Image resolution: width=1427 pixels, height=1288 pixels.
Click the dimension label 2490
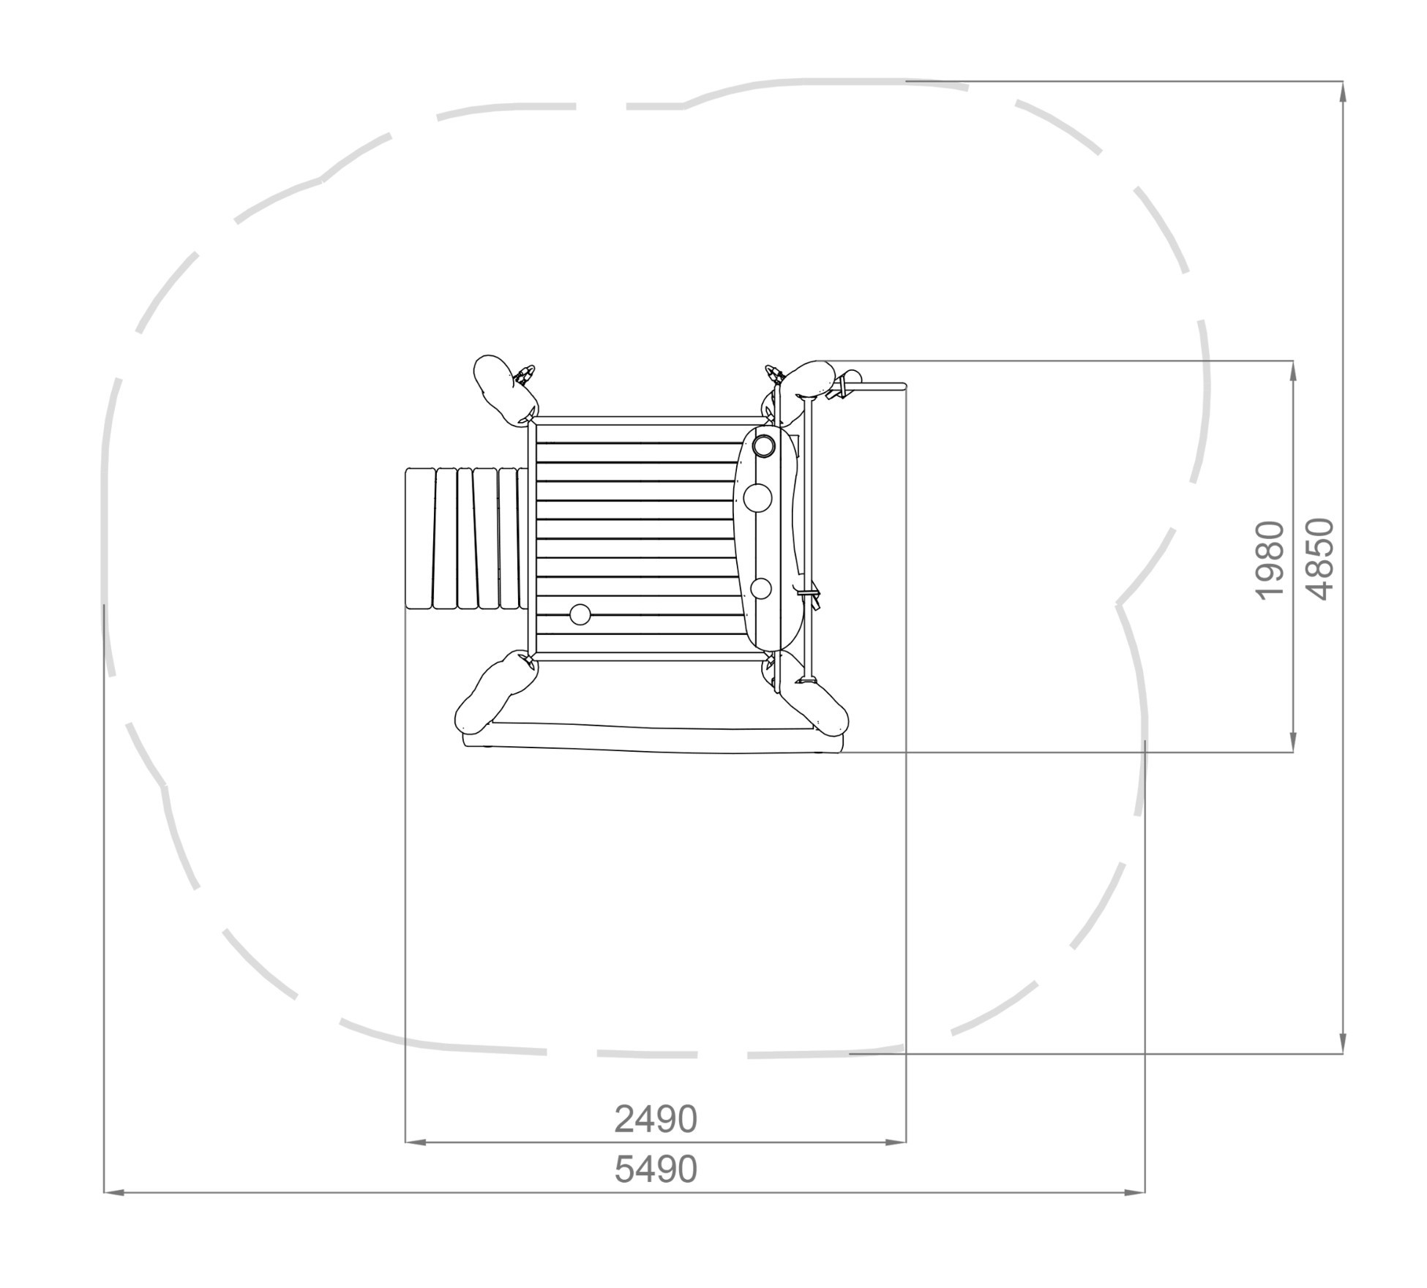(655, 1119)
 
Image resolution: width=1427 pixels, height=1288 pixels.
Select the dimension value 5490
(655, 1170)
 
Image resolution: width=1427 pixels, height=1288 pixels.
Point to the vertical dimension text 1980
(1270, 560)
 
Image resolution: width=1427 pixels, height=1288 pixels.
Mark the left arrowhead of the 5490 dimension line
(114, 1193)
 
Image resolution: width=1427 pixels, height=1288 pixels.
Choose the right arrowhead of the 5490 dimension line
(1134, 1193)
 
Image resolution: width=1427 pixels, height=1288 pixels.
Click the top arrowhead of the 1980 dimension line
(1293, 371)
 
